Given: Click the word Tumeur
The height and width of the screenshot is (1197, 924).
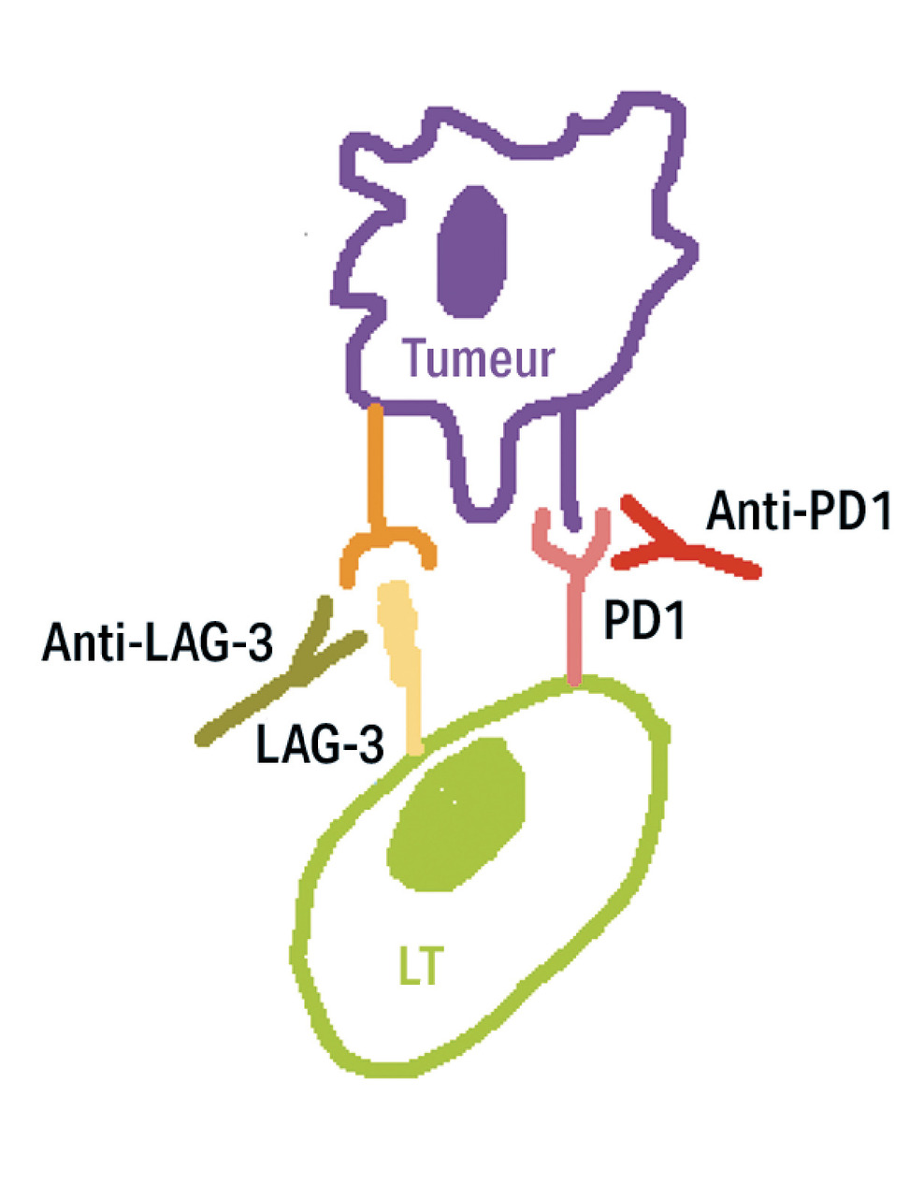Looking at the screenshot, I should pos(479,359).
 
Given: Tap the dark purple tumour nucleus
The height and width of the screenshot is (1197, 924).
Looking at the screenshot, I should pos(473,250).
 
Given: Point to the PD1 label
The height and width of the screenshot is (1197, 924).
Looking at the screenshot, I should pos(644,621).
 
